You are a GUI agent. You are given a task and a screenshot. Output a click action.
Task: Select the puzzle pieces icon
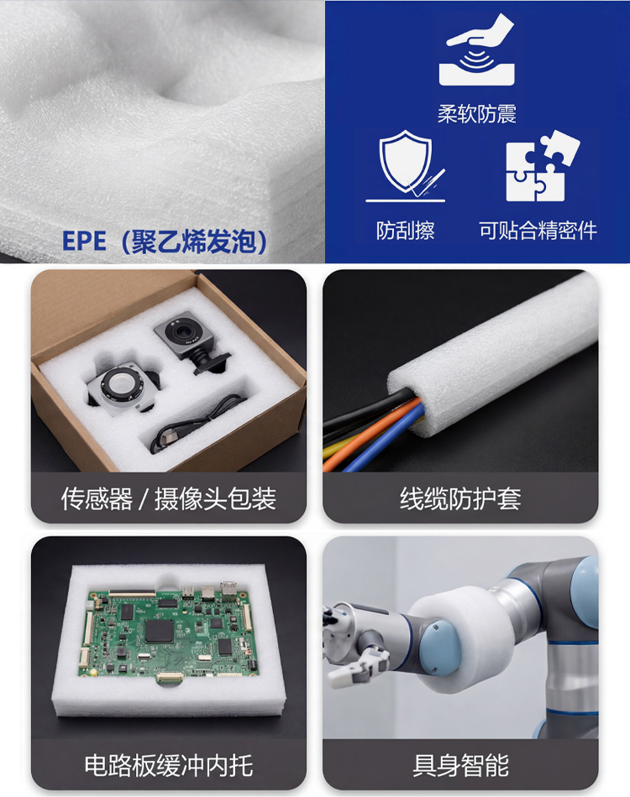pos(543,166)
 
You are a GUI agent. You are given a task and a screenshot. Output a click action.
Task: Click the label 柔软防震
pos(477,114)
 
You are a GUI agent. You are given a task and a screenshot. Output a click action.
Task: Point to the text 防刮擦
pos(406,231)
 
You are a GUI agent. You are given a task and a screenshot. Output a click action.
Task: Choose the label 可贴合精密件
pos(538,231)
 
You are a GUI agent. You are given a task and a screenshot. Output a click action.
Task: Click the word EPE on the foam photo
pos(84,241)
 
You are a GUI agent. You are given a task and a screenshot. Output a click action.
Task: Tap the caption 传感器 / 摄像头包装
pos(169,498)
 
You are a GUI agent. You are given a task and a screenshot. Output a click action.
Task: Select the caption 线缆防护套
pos(460,498)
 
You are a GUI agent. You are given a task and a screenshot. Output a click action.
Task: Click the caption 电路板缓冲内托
pos(169,765)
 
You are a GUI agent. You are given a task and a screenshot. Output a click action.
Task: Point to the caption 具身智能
pos(460,765)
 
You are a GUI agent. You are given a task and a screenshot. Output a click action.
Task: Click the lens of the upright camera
pos(181,332)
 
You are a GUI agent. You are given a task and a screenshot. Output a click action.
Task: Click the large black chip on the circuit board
pos(160,630)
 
